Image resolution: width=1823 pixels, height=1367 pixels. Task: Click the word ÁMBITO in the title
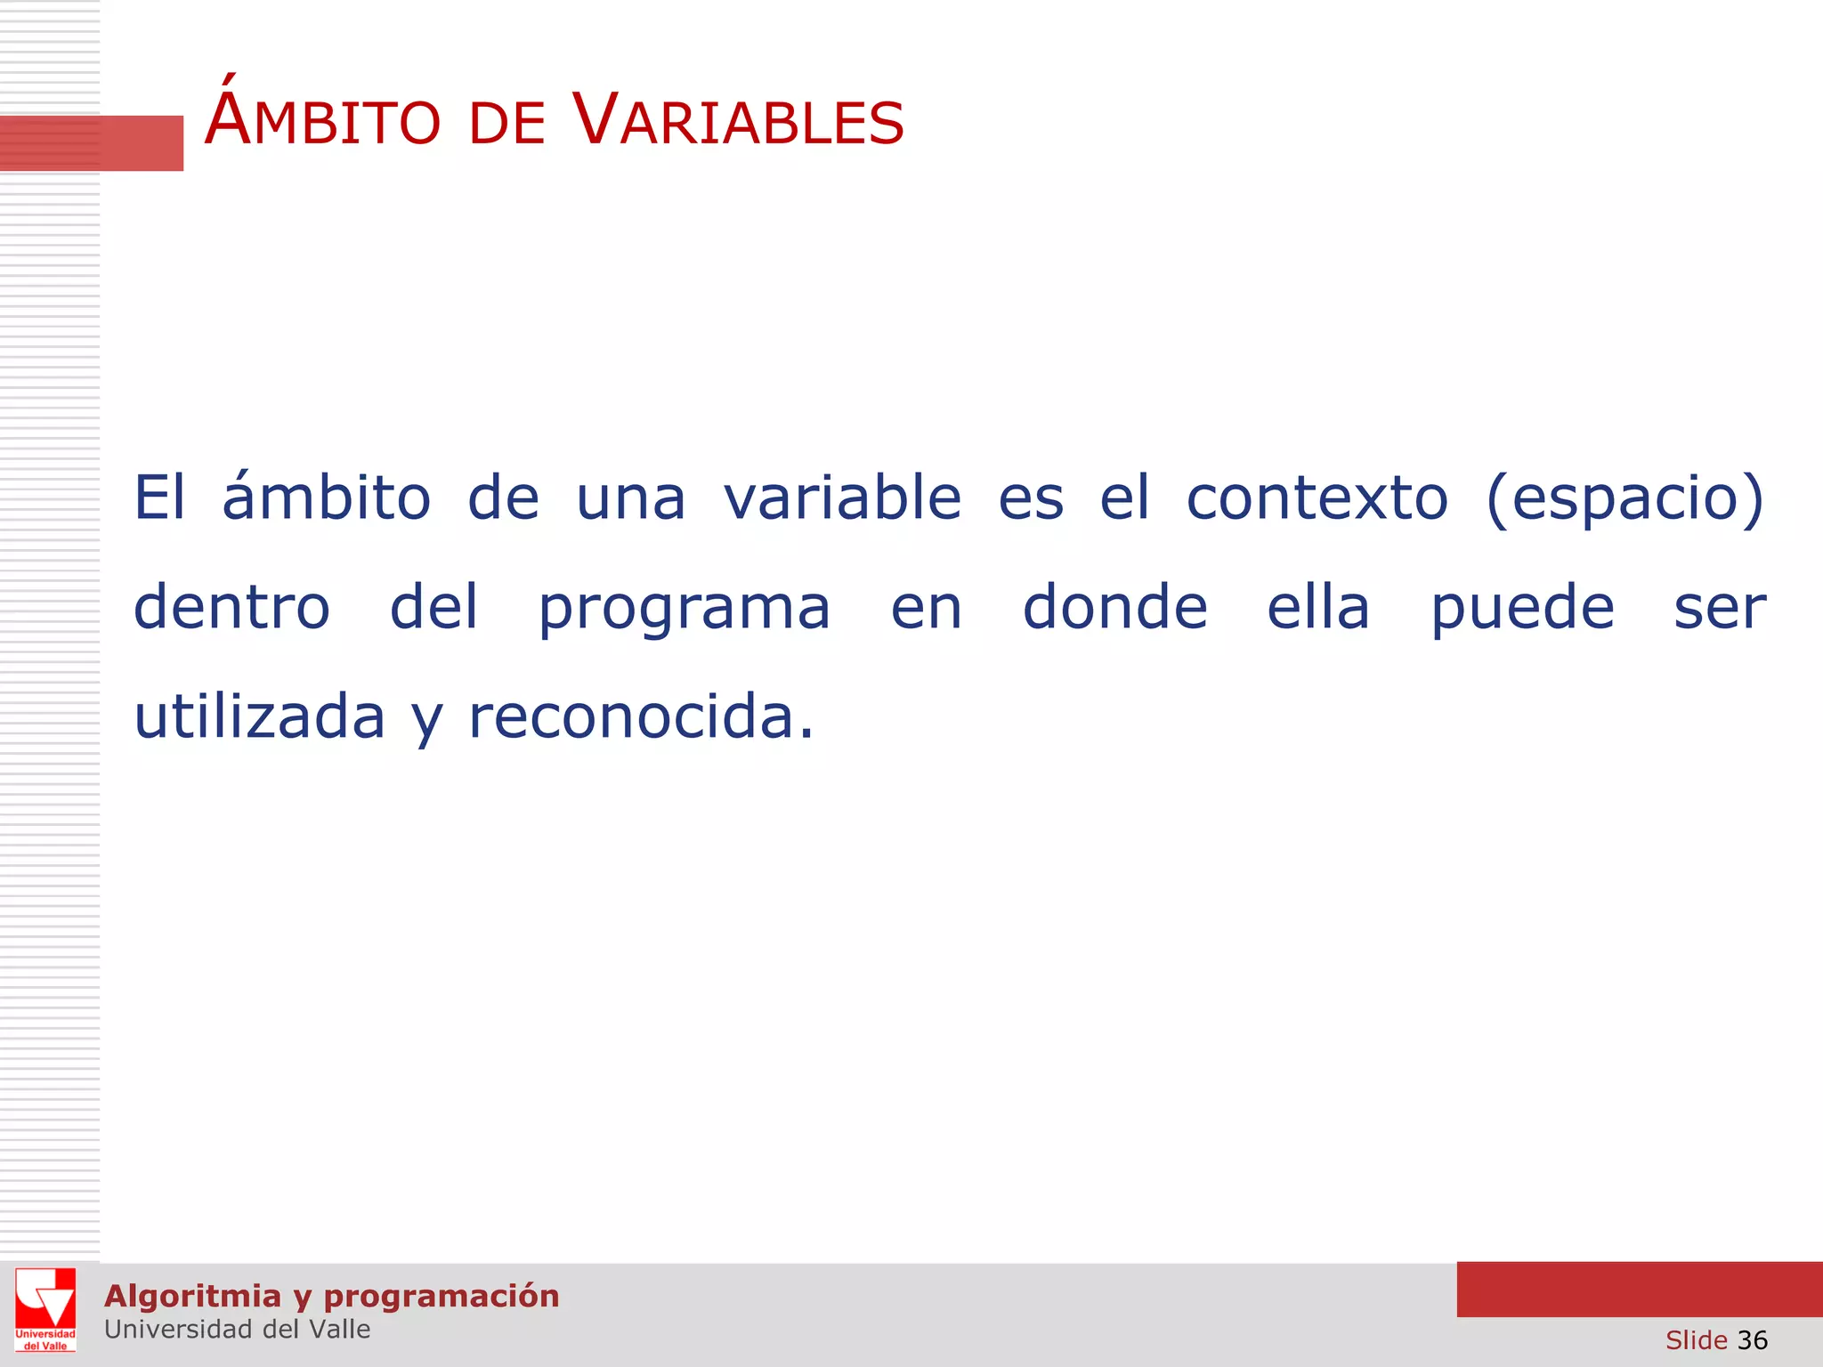pyautogui.click(x=322, y=121)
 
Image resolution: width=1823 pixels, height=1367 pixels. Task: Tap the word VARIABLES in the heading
pyautogui.click(x=738, y=121)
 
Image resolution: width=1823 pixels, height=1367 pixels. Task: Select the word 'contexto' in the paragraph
pyautogui.click(x=1317, y=497)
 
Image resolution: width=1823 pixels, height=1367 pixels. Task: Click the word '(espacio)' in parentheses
pyautogui.click(x=1624, y=499)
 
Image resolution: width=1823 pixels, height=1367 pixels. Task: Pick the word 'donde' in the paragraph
pyautogui.click(x=1114, y=608)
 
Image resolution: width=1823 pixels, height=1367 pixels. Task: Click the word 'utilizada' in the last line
pyautogui.click(x=259, y=717)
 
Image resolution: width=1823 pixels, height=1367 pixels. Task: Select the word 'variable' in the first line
pyautogui.click(x=842, y=497)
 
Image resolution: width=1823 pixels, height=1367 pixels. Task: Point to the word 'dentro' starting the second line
pyautogui.click(x=231, y=608)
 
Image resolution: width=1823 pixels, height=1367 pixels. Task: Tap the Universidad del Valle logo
pyautogui.click(x=45, y=1309)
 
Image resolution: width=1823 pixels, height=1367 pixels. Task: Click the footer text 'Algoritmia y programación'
pyautogui.click(x=331, y=1296)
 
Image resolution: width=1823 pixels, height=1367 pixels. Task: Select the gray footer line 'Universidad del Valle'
pyautogui.click(x=237, y=1330)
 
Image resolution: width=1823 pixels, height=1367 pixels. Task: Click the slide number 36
pyautogui.click(x=1752, y=1340)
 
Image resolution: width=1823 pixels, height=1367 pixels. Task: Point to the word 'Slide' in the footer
pyautogui.click(x=1696, y=1340)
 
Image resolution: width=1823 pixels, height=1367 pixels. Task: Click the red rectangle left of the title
pyautogui.click(x=91, y=142)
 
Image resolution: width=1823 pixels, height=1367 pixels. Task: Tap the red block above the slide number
pyautogui.click(x=1639, y=1289)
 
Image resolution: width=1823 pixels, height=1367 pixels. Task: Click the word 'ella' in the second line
pyautogui.click(x=1317, y=608)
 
